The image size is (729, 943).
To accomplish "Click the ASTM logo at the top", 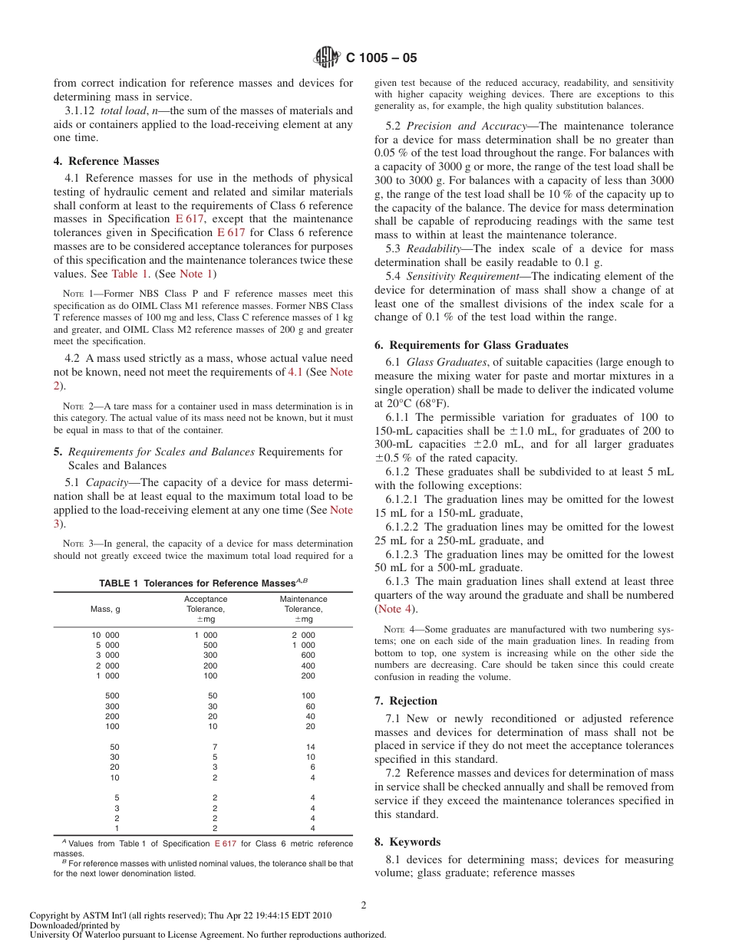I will [327, 57].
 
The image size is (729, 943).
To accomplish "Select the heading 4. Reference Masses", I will [106, 161].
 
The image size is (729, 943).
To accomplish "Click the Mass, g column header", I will [105, 609].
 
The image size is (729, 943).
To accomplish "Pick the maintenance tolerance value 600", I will [308, 655].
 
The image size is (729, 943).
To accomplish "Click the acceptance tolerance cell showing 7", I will [215, 747].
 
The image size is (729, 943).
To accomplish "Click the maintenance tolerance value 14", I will [310, 747].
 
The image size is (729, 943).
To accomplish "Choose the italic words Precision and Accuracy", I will [454, 126].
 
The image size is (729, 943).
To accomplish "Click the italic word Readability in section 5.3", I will [433, 248].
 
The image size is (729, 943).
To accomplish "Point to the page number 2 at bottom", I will [364, 905].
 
